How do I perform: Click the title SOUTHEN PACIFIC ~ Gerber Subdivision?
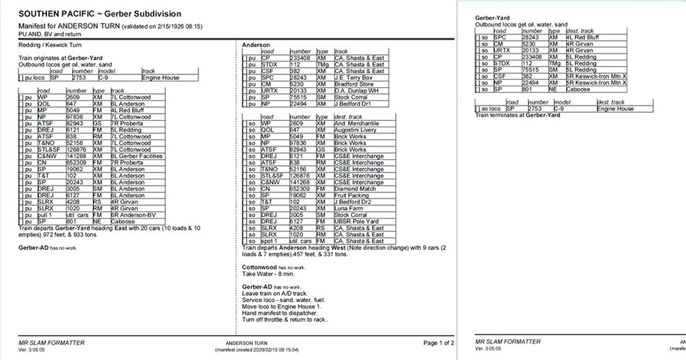(x=100, y=14)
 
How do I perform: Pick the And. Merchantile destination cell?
(x=359, y=123)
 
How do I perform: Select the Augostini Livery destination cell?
(x=357, y=129)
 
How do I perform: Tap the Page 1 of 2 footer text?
(x=438, y=343)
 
